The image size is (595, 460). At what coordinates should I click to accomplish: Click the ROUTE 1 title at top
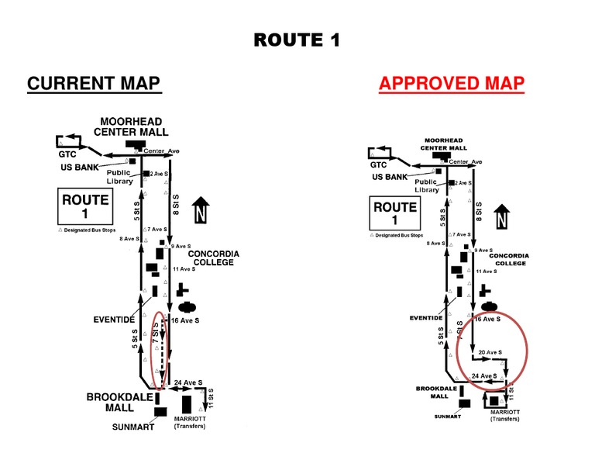click(x=297, y=40)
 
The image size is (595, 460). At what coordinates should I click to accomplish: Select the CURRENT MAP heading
click(x=94, y=84)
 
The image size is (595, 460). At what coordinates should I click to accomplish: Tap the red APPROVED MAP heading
click(x=452, y=84)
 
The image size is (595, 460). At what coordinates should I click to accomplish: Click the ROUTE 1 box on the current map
click(x=86, y=206)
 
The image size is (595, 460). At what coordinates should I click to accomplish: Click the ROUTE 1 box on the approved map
click(x=395, y=213)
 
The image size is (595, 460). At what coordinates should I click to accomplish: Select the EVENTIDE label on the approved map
click(x=426, y=317)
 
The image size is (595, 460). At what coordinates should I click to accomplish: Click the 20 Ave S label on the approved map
click(x=492, y=351)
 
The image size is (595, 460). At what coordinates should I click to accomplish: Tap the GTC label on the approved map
click(x=377, y=164)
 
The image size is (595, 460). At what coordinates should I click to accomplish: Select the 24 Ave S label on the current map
click(x=188, y=382)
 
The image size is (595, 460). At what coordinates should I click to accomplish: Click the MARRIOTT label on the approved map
click(x=504, y=413)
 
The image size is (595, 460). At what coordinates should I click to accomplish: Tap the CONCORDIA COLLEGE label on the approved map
click(x=508, y=258)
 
